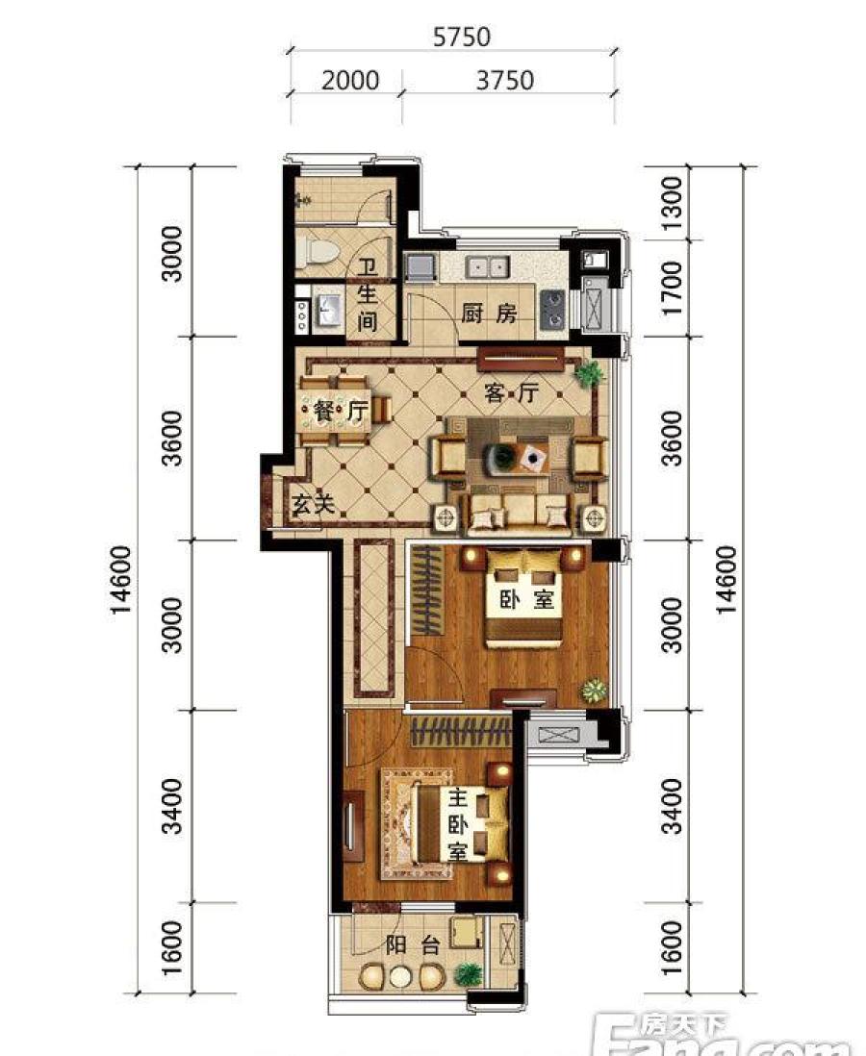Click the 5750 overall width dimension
pos(462,37)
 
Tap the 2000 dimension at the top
pos(350,80)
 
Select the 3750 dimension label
pos(505,80)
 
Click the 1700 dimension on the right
pos(672,289)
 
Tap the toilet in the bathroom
pos(319,251)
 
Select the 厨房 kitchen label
pos(489,314)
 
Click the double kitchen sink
pos(488,267)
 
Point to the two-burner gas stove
pos(552,309)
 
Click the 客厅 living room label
pos(512,392)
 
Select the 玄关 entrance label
pos(314,503)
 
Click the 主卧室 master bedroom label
pos(458,826)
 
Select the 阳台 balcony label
pos(413,944)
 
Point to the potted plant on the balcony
pos(468,974)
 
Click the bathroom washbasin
pos(328,311)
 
